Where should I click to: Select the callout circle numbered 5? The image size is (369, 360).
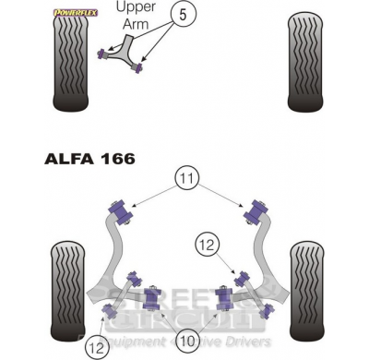pos(184,17)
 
